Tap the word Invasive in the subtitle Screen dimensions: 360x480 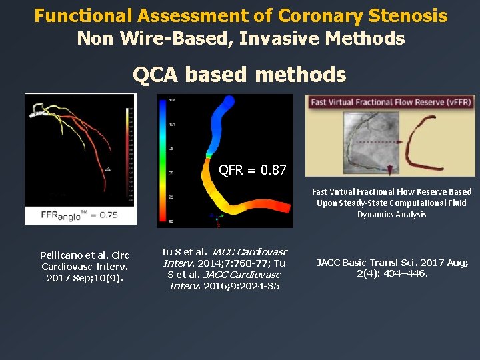pyautogui.click(x=277, y=39)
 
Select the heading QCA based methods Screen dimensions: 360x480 pyautogui.click(x=239, y=75)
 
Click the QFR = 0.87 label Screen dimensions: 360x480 pyautogui.click(x=253, y=170)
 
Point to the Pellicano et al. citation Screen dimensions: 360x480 pyautogui.click(x=84, y=267)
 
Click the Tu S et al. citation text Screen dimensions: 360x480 pyautogui.click(x=224, y=269)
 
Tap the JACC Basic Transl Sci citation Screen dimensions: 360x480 pyautogui.click(x=391, y=268)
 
